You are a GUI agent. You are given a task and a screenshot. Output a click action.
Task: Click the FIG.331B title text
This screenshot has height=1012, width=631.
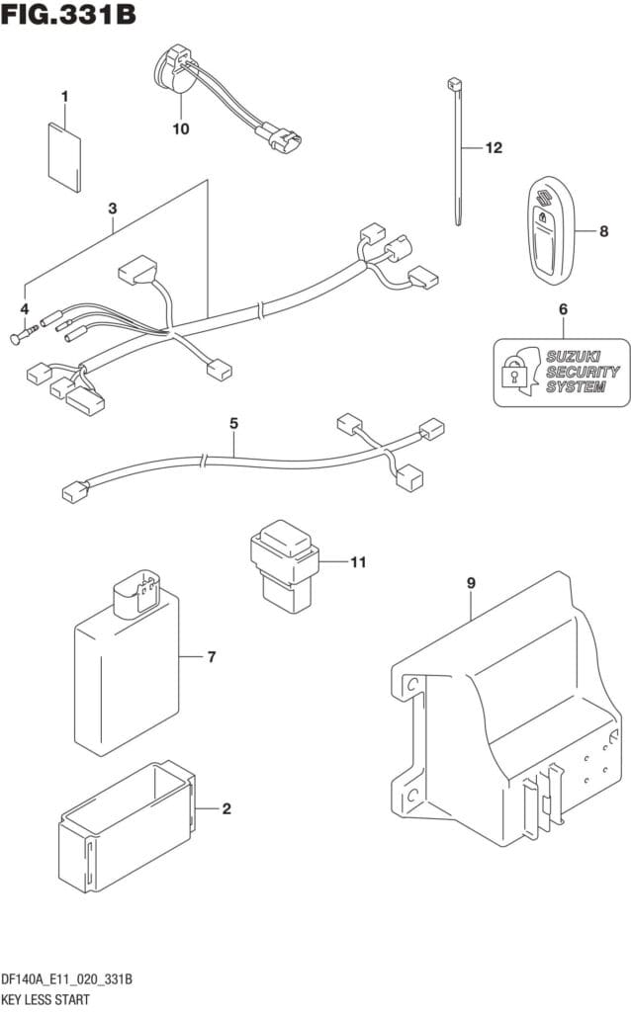pyautogui.click(x=68, y=14)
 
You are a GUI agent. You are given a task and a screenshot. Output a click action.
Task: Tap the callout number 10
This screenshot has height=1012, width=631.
pyautogui.click(x=181, y=129)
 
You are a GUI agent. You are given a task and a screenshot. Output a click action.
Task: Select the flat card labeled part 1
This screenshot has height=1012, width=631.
pyautogui.click(x=65, y=155)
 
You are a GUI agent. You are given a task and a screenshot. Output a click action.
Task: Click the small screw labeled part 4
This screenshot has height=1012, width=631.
pyautogui.click(x=25, y=334)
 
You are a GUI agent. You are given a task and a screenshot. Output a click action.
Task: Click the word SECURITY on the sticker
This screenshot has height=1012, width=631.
pyautogui.click(x=584, y=372)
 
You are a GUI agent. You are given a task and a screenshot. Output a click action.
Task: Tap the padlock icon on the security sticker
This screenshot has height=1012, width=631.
pyautogui.click(x=513, y=371)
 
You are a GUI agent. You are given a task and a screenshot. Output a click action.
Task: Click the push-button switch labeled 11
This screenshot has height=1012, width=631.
pyautogui.click(x=284, y=565)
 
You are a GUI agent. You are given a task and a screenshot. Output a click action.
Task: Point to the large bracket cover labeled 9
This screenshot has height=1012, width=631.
pyautogui.click(x=507, y=710)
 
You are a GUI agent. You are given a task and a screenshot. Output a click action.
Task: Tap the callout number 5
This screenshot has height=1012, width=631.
pyautogui.click(x=233, y=423)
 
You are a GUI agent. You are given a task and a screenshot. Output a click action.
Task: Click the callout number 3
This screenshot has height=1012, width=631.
pyautogui.click(x=113, y=209)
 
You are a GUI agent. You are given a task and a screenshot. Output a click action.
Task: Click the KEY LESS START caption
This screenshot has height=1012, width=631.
pyautogui.click(x=45, y=1000)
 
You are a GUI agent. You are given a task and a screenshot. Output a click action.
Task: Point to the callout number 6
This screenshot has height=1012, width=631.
pyautogui.click(x=563, y=309)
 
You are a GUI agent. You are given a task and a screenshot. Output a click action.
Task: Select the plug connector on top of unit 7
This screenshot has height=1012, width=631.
pyautogui.click(x=136, y=592)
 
